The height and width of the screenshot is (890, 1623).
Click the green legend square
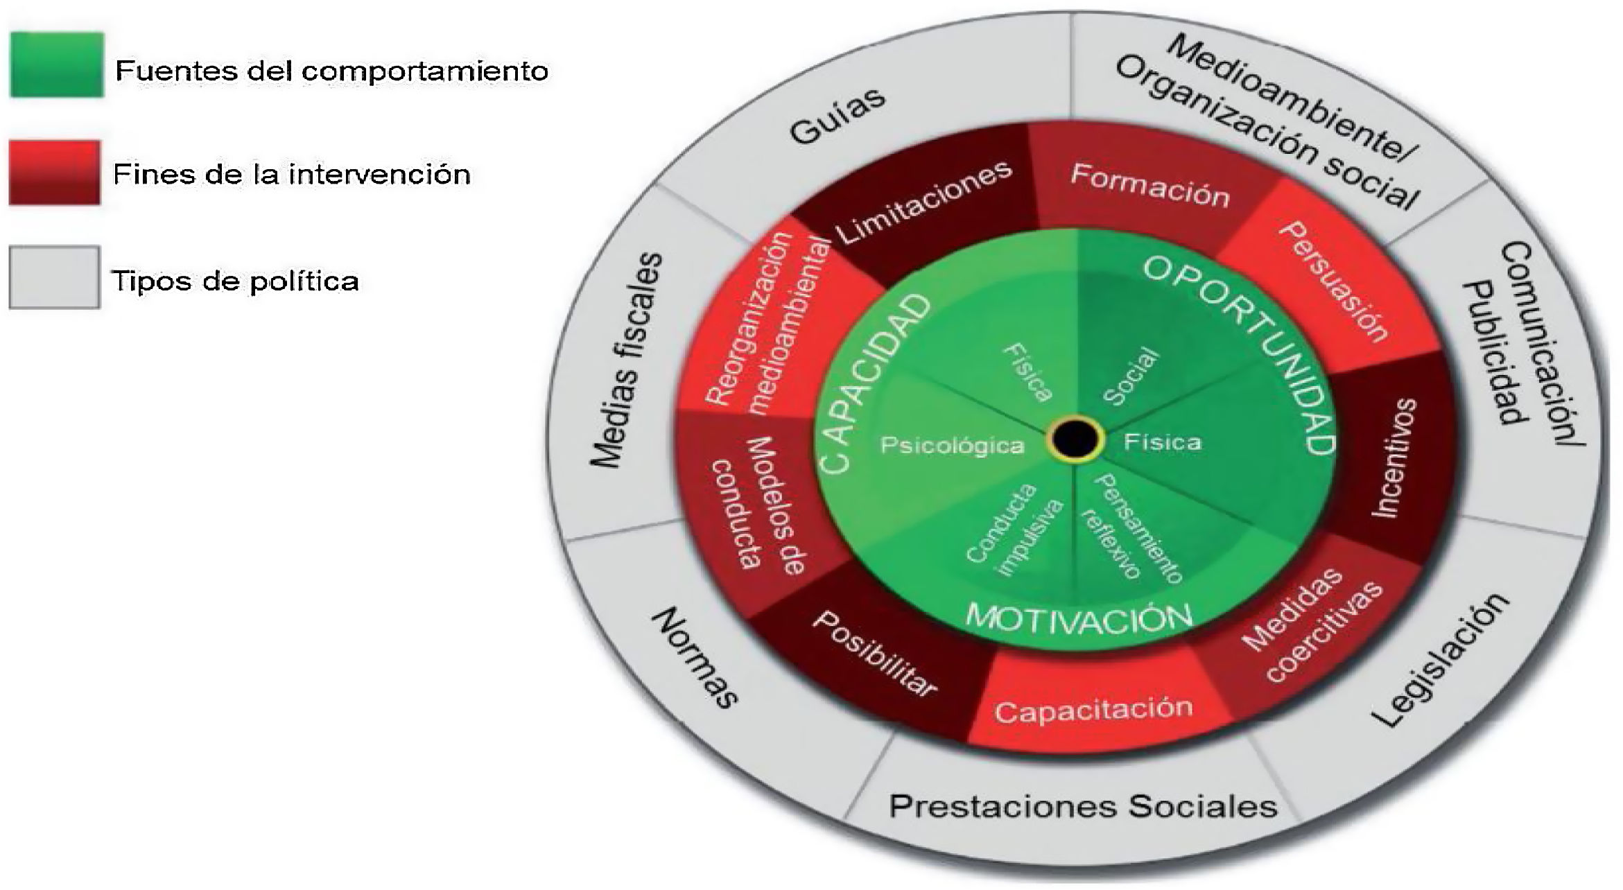[x=57, y=65]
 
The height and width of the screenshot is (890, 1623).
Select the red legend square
[x=55, y=173]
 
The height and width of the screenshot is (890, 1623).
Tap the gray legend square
[x=55, y=277]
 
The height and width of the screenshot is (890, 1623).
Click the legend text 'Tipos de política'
[x=236, y=281]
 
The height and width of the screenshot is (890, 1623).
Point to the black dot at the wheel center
[x=1075, y=438]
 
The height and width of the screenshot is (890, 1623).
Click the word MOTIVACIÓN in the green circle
[x=1079, y=617]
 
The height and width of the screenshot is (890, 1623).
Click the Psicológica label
[x=952, y=445]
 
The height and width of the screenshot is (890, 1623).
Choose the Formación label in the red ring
[x=1150, y=186]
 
